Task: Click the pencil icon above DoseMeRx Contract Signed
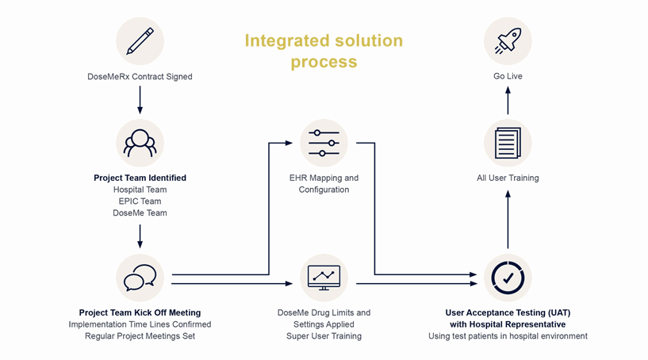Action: [x=140, y=41]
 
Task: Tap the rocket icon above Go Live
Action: [x=508, y=41]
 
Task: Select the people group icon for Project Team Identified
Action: [x=140, y=143]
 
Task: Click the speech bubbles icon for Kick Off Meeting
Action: [x=140, y=278]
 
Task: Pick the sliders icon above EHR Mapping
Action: [x=324, y=143]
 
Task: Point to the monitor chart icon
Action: [x=324, y=278]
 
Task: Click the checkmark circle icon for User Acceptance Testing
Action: [x=508, y=278]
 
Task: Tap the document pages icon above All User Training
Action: [x=508, y=143]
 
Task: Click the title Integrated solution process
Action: [x=324, y=51]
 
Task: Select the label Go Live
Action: [x=508, y=76]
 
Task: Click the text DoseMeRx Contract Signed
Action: [x=140, y=76]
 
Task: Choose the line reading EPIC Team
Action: [x=140, y=201]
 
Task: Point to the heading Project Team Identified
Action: [x=140, y=178]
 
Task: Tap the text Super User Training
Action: [x=324, y=336]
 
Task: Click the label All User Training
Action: [x=508, y=178]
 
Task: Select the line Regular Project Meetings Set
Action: [x=140, y=336]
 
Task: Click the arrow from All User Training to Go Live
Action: [x=508, y=101]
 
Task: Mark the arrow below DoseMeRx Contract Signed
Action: [x=140, y=100]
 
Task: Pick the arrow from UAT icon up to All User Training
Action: [x=508, y=220]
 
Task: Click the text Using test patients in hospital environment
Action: [x=508, y=336]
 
